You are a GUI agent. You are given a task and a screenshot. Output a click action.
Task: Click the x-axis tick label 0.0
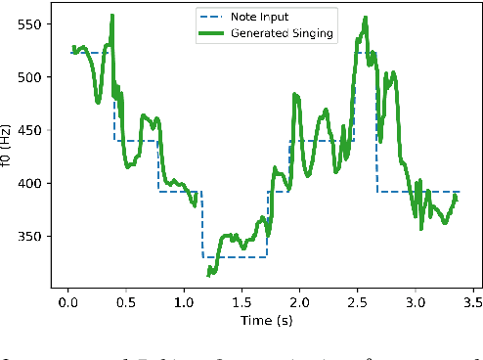coord(67,304)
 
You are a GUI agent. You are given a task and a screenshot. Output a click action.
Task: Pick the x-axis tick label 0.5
coord(125,304)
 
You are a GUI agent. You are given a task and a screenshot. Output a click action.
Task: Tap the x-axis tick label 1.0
coord(183,304)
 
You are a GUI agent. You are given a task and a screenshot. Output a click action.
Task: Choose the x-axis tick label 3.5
coord(472,304)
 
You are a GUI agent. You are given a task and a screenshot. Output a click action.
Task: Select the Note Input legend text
coord(258,18)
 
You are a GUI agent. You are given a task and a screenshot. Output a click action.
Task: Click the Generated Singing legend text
coord(282,32)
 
